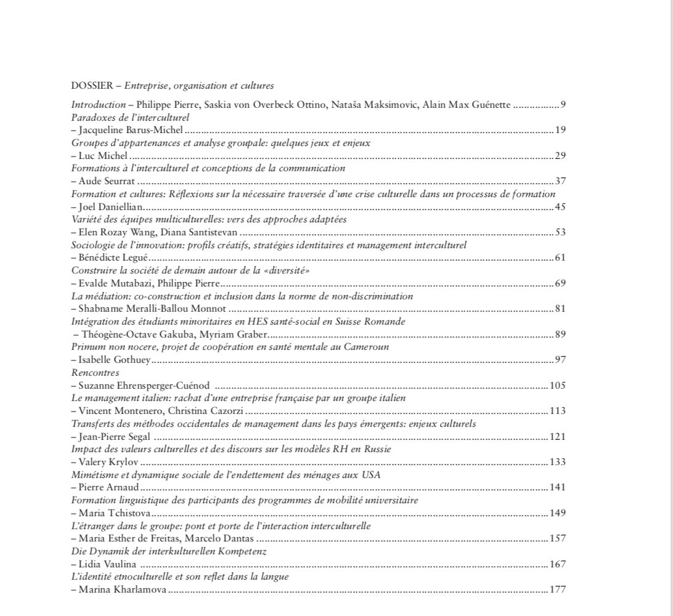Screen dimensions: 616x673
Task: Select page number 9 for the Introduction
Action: [x=563, y=104]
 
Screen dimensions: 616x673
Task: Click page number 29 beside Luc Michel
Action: [x=560, y=156]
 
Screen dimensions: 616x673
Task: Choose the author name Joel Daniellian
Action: [x=108, y=206]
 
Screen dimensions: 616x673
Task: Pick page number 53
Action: [x=560, y=232]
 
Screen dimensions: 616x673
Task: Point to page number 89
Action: [x=560, y=334]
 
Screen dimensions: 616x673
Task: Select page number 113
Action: [x=557, y=411]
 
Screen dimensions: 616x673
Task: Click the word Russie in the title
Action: [x=377, y=449]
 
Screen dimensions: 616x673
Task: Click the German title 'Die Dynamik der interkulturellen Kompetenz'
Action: [x=169, y=551]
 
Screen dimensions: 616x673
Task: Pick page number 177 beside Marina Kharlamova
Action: [x=557, y=590]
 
